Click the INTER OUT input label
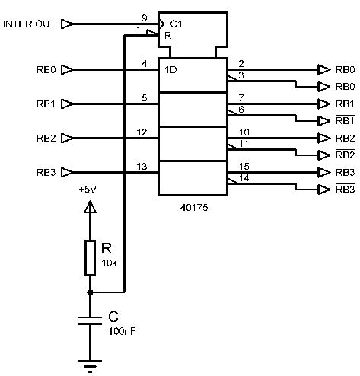point(29,24)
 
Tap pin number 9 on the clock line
point(145,18)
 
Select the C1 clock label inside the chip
point(176,24)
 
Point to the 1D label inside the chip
point(170,70)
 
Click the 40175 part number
point(194,208)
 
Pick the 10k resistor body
point(90,258)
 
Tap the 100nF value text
point(122,331)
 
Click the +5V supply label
point(88,190)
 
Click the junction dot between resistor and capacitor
point(90,292)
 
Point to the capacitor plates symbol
point(90,320)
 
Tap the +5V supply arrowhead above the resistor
point(90,206)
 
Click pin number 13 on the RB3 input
point(142,167)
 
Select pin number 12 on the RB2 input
point(142,132)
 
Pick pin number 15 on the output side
point(244,167)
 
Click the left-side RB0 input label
point(46,70)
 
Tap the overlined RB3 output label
point(346,189)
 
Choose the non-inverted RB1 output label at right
point(345,104)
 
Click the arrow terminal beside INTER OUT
point(67,24)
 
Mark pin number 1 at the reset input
point(139,30)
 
